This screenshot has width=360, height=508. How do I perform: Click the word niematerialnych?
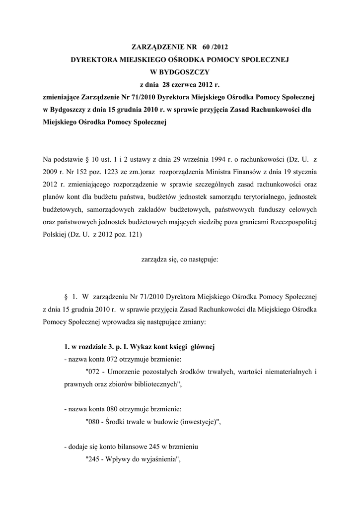pyautogui.click(x=283, y=372)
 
